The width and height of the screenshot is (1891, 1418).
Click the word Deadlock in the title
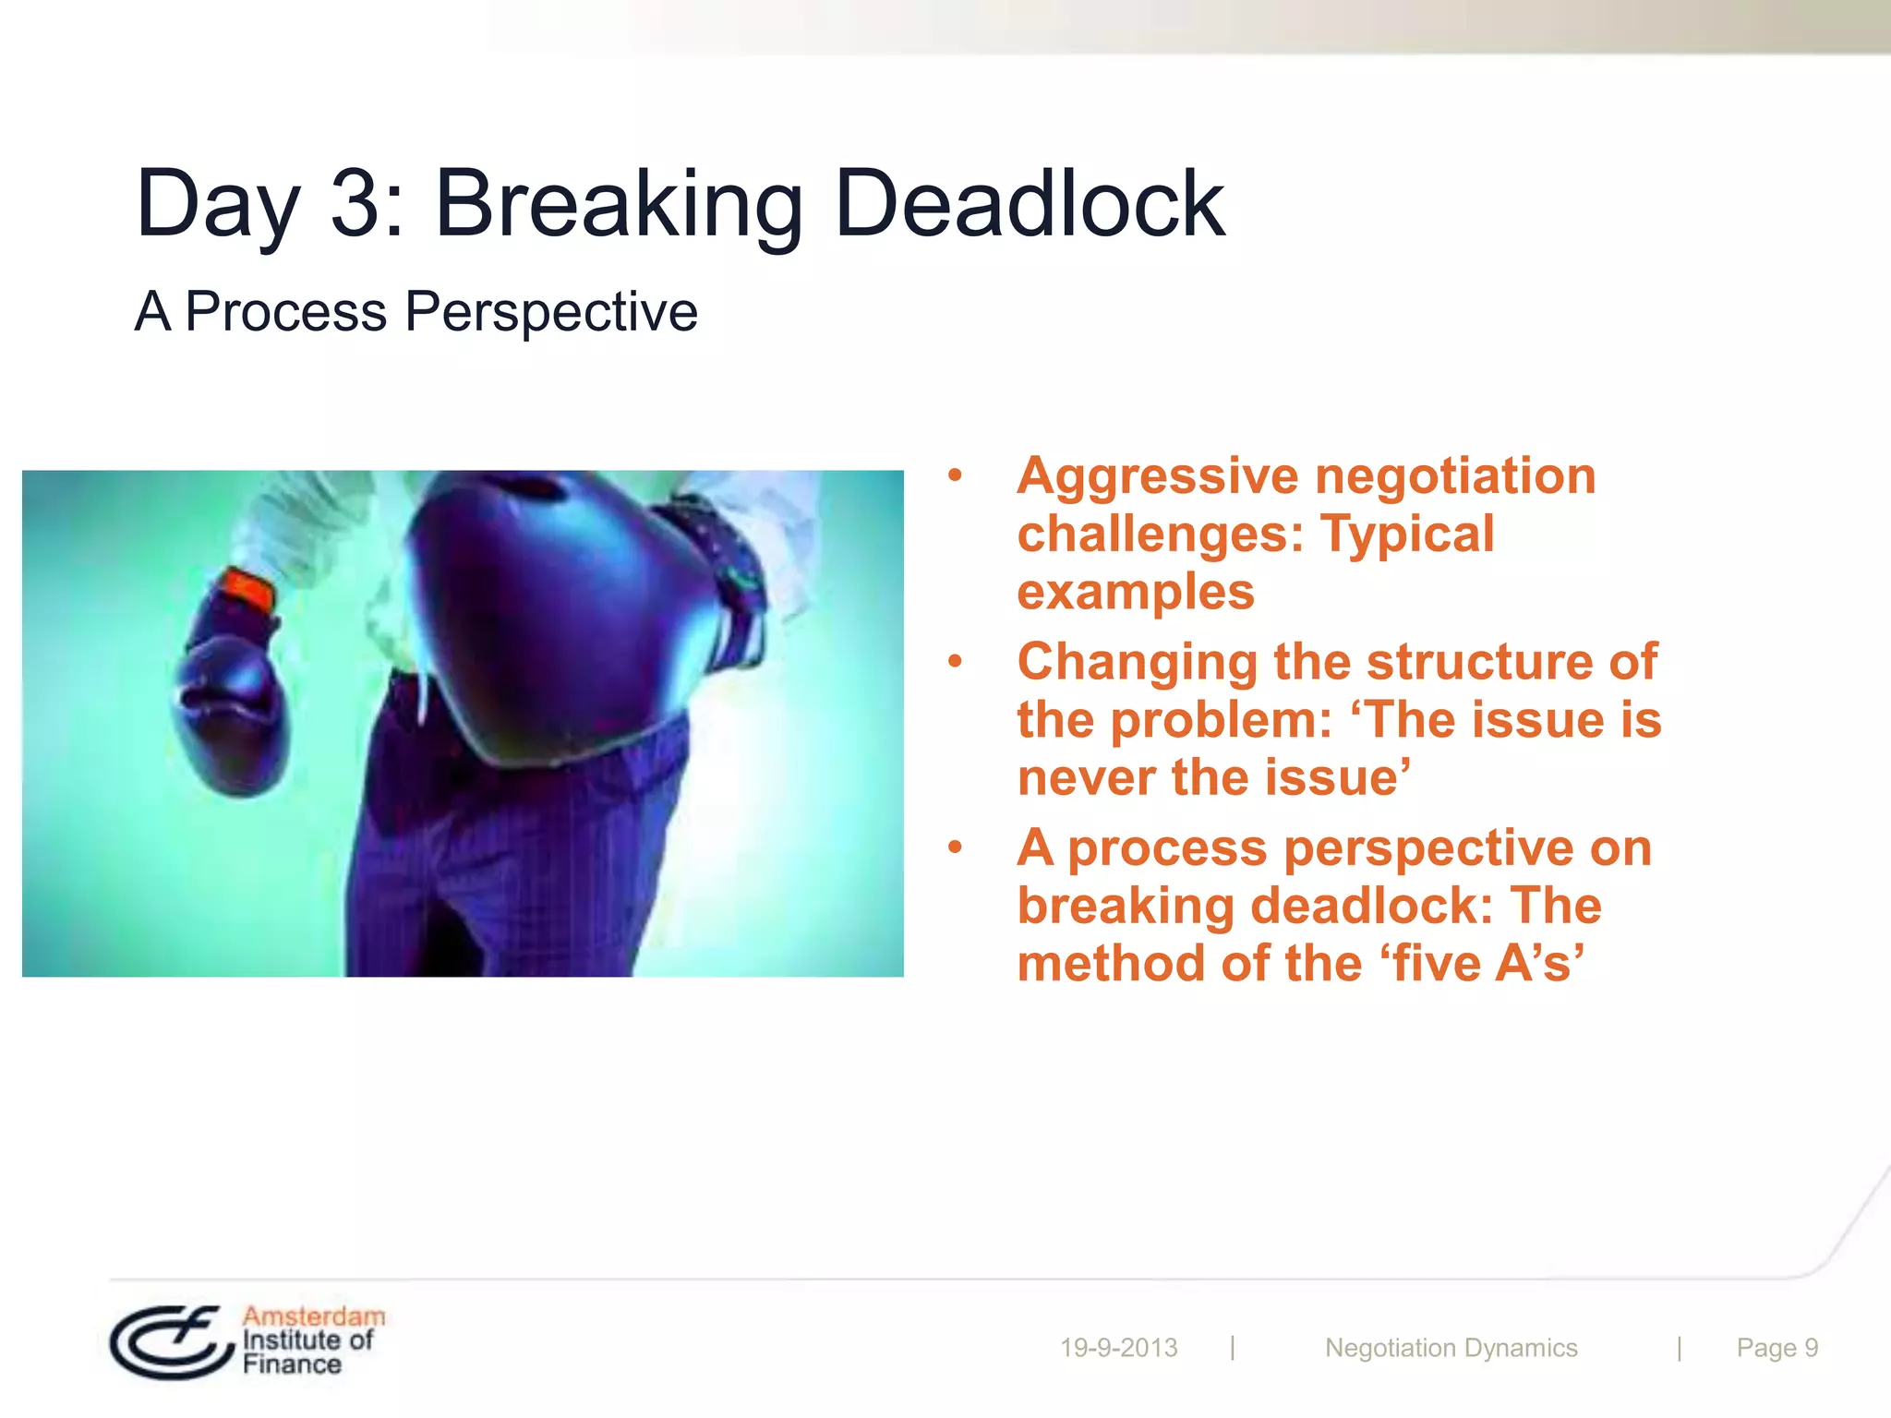[1029, 204]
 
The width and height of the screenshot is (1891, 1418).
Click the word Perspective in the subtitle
[551, 312]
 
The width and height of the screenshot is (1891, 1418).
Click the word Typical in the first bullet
[1407, 534]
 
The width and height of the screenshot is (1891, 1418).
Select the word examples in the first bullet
[1136, 593]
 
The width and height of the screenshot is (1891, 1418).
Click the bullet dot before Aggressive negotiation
[956, 476]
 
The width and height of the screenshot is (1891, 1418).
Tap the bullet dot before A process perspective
[956, 847]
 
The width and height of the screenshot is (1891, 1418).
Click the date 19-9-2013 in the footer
[1118, 1348]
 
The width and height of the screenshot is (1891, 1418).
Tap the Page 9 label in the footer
[1777, 1348]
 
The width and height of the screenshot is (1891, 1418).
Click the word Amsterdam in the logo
[314, 1316]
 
